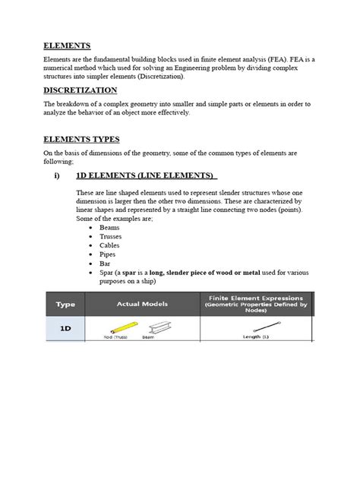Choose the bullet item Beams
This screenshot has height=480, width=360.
109,226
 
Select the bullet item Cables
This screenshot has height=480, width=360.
109,245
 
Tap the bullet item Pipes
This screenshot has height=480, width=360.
108,254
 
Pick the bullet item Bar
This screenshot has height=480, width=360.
105,264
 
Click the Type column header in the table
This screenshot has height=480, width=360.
65,304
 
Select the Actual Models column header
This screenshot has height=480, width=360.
144,304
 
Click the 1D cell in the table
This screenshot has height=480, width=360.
65,329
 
